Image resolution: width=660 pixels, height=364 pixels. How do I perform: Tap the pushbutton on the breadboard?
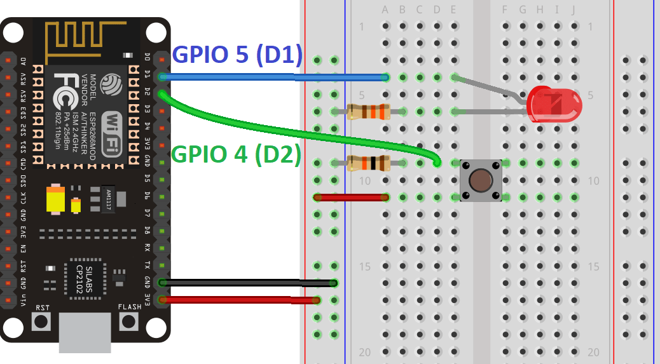click(x=481, y=181)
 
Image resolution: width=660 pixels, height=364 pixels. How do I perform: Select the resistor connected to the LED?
click(x=368, y=112)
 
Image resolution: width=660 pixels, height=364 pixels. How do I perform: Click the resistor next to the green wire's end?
click(x=368, y=163)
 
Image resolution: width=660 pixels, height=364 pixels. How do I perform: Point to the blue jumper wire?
click(x=273, y=77)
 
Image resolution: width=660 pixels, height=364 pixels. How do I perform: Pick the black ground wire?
click(x=248, y=283)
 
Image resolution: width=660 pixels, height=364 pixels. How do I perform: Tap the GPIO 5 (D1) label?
click(x=237, y=55)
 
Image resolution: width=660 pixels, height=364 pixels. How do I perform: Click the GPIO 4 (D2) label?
click(x=237, y=155)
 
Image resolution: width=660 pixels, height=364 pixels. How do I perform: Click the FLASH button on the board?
click(x=130, y=321)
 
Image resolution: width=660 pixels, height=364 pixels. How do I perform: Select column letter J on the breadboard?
click(x=574, y=10)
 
